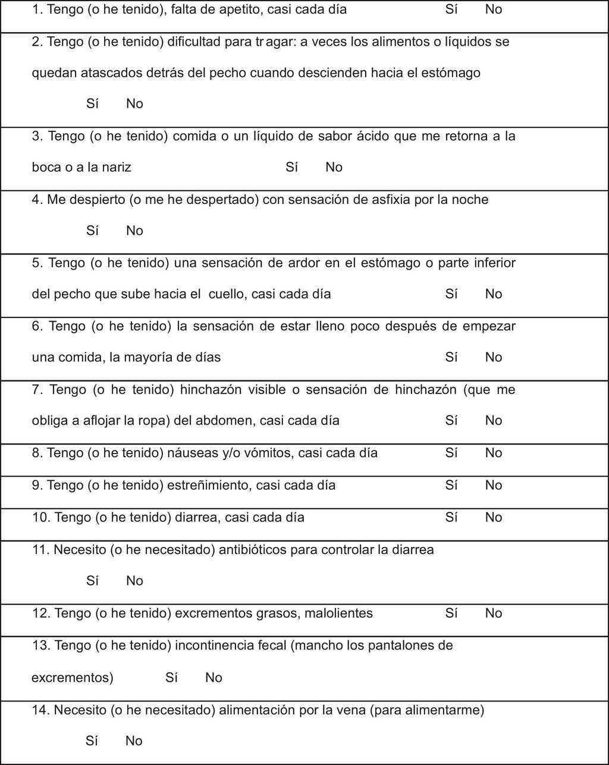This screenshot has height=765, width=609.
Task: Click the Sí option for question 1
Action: [451, 10]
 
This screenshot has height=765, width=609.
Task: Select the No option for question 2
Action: [134, 104]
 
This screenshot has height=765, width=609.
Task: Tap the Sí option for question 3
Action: [291, 168]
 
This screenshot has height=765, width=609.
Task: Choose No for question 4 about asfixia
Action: [134, 231]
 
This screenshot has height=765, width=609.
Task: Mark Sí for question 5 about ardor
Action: [451, 294]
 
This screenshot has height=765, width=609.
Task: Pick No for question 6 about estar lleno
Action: [494, 357]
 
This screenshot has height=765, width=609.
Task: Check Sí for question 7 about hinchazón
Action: [451, 421]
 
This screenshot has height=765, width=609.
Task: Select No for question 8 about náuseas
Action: [494, 453]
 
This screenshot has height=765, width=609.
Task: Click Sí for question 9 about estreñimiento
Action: [451, 485]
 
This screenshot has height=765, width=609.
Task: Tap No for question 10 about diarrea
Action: [494, 517]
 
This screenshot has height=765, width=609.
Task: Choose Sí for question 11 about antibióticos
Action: [92, 581]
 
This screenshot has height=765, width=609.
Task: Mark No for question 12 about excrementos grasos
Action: [494, 613]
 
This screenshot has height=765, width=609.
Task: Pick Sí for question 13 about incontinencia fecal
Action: [172, 678]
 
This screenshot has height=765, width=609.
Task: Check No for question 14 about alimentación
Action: [134, 741]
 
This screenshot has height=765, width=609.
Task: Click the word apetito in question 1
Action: [238, 10]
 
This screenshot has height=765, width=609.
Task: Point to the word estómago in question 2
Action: [451, 73]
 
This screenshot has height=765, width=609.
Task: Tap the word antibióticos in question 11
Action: [253, 550]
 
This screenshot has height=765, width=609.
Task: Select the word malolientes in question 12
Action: [338, 613]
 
